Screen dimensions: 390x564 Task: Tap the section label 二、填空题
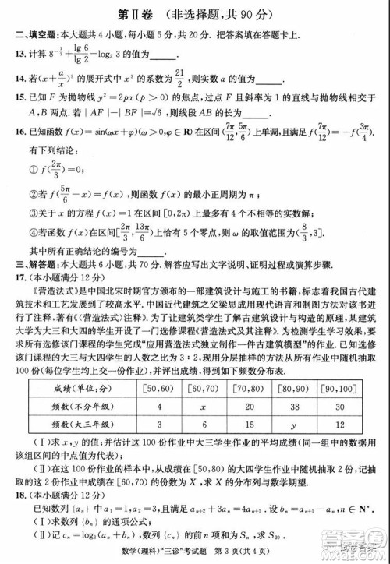pyautogui.click(x=34, y=34)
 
